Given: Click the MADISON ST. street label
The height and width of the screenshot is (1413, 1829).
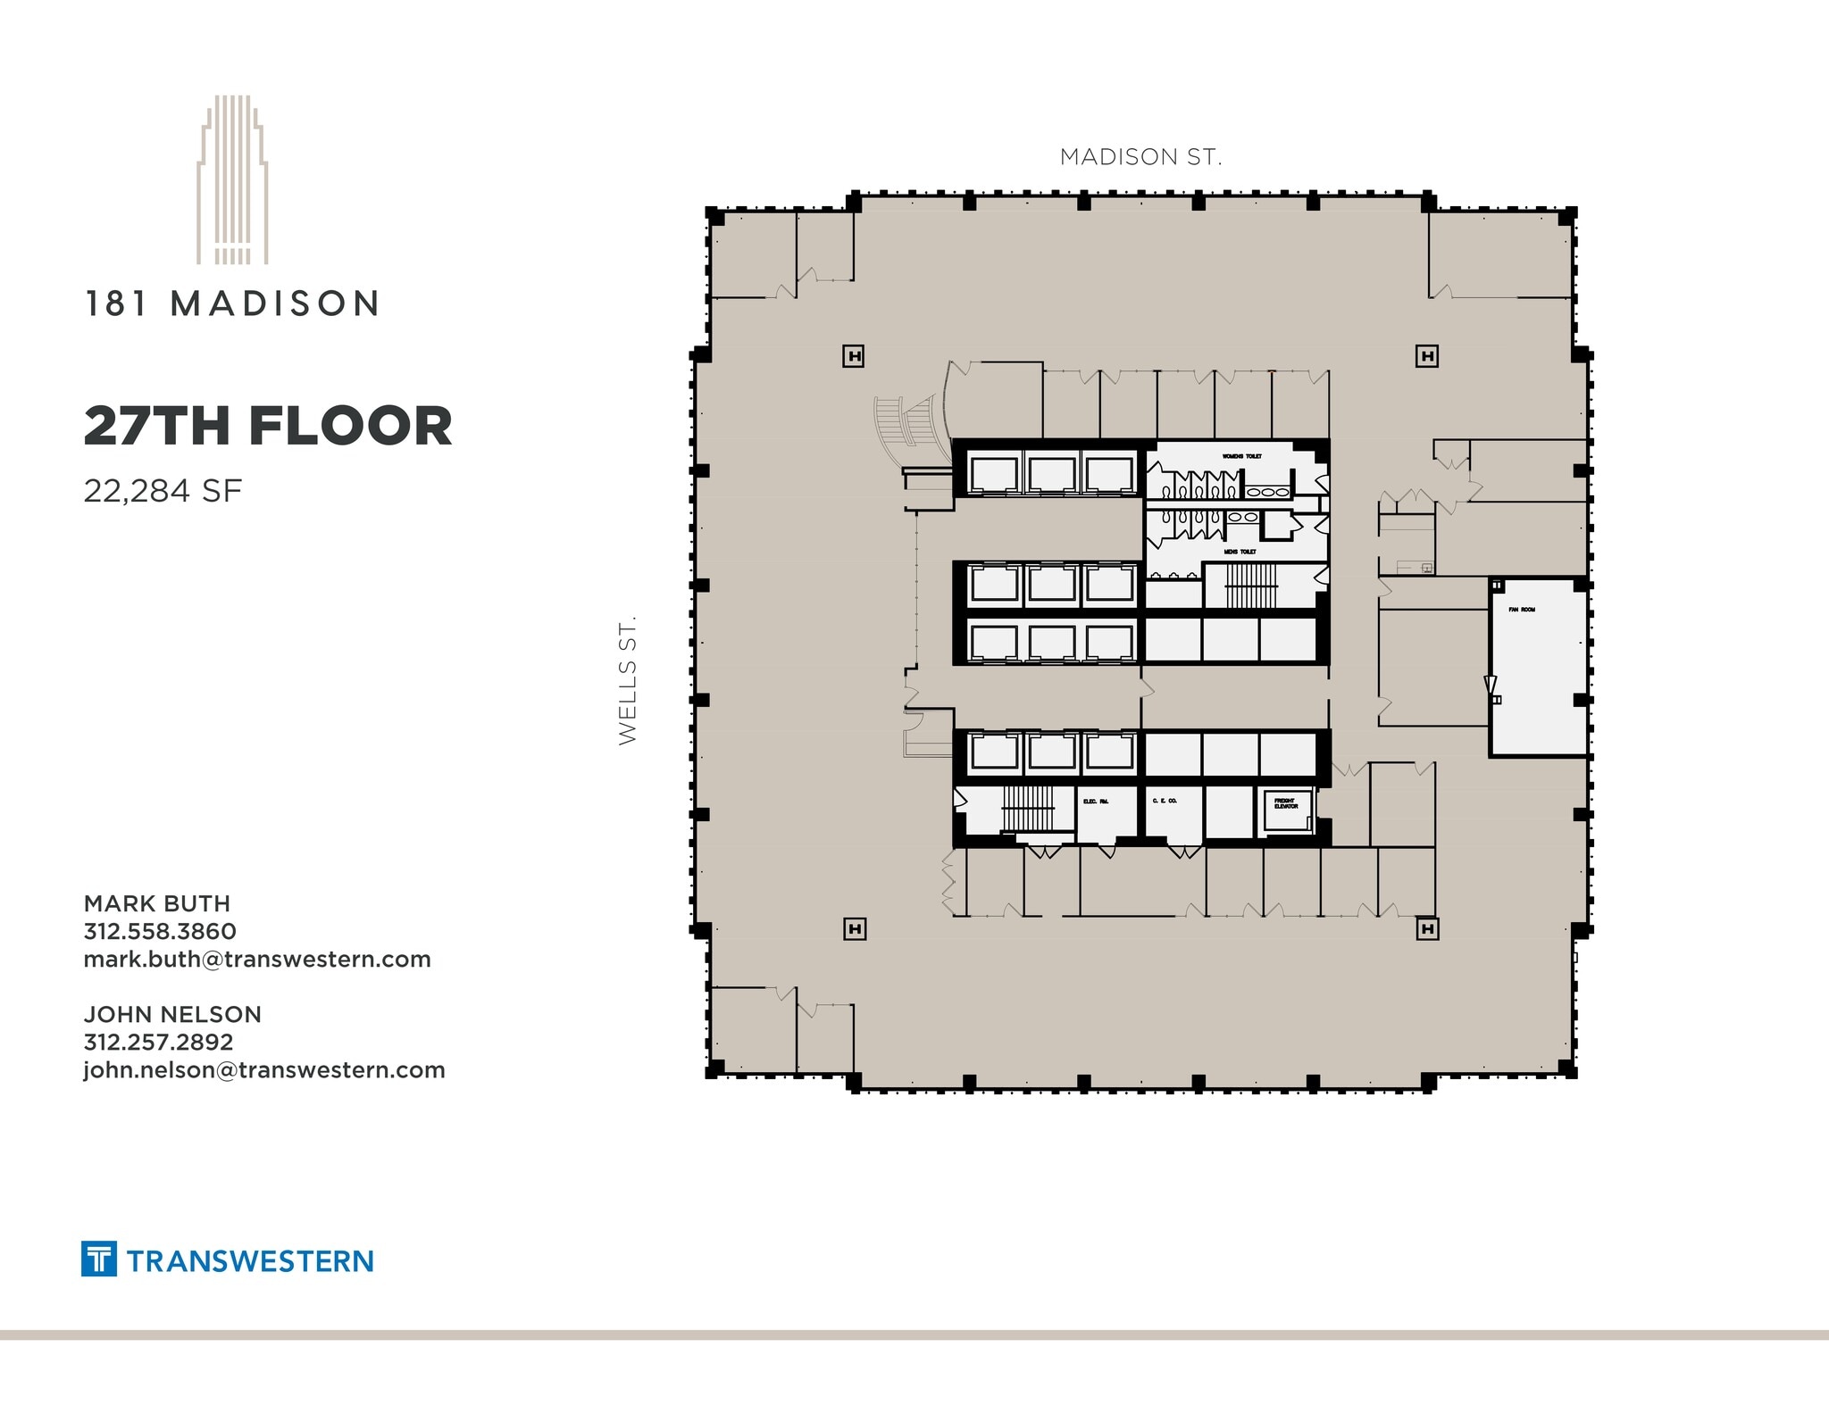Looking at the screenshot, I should tap(1140, 157).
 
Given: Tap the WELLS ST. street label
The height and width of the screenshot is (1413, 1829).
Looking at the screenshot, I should tap(628, 680).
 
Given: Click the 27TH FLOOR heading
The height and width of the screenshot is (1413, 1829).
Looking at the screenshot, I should tap(268, 426).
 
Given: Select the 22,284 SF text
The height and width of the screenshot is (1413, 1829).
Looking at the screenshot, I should tap(163, 491).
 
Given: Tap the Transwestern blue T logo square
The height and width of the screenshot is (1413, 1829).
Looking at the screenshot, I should tap(99, 1259).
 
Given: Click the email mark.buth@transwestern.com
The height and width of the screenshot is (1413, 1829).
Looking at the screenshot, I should tap(257, 960).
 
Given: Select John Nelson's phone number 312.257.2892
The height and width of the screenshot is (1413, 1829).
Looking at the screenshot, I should tap(159, 1043).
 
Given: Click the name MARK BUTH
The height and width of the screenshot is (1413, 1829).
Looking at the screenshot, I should tap(157, 903).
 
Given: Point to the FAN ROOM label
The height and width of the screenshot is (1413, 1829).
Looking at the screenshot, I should tap(1522, 610).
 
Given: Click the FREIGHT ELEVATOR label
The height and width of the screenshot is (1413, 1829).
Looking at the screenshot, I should tap(1286, 803).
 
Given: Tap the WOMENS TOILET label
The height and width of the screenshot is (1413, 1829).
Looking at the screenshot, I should tap(1242, 456).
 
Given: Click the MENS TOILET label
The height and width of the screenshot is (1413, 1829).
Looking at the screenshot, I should tap(1240, 552).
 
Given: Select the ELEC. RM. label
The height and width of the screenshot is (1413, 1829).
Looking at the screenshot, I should tap(1096, 802).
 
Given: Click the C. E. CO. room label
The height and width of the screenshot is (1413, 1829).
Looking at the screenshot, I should tap(1165, 801).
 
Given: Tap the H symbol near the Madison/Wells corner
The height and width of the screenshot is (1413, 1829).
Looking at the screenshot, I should tap(855, 357).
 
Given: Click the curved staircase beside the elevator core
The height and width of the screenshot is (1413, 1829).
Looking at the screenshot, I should tap(904, 422).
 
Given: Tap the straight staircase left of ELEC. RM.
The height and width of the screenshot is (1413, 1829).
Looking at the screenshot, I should tap(1028, 808).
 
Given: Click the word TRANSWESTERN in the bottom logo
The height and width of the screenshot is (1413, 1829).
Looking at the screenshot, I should tap(250, 1261).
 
